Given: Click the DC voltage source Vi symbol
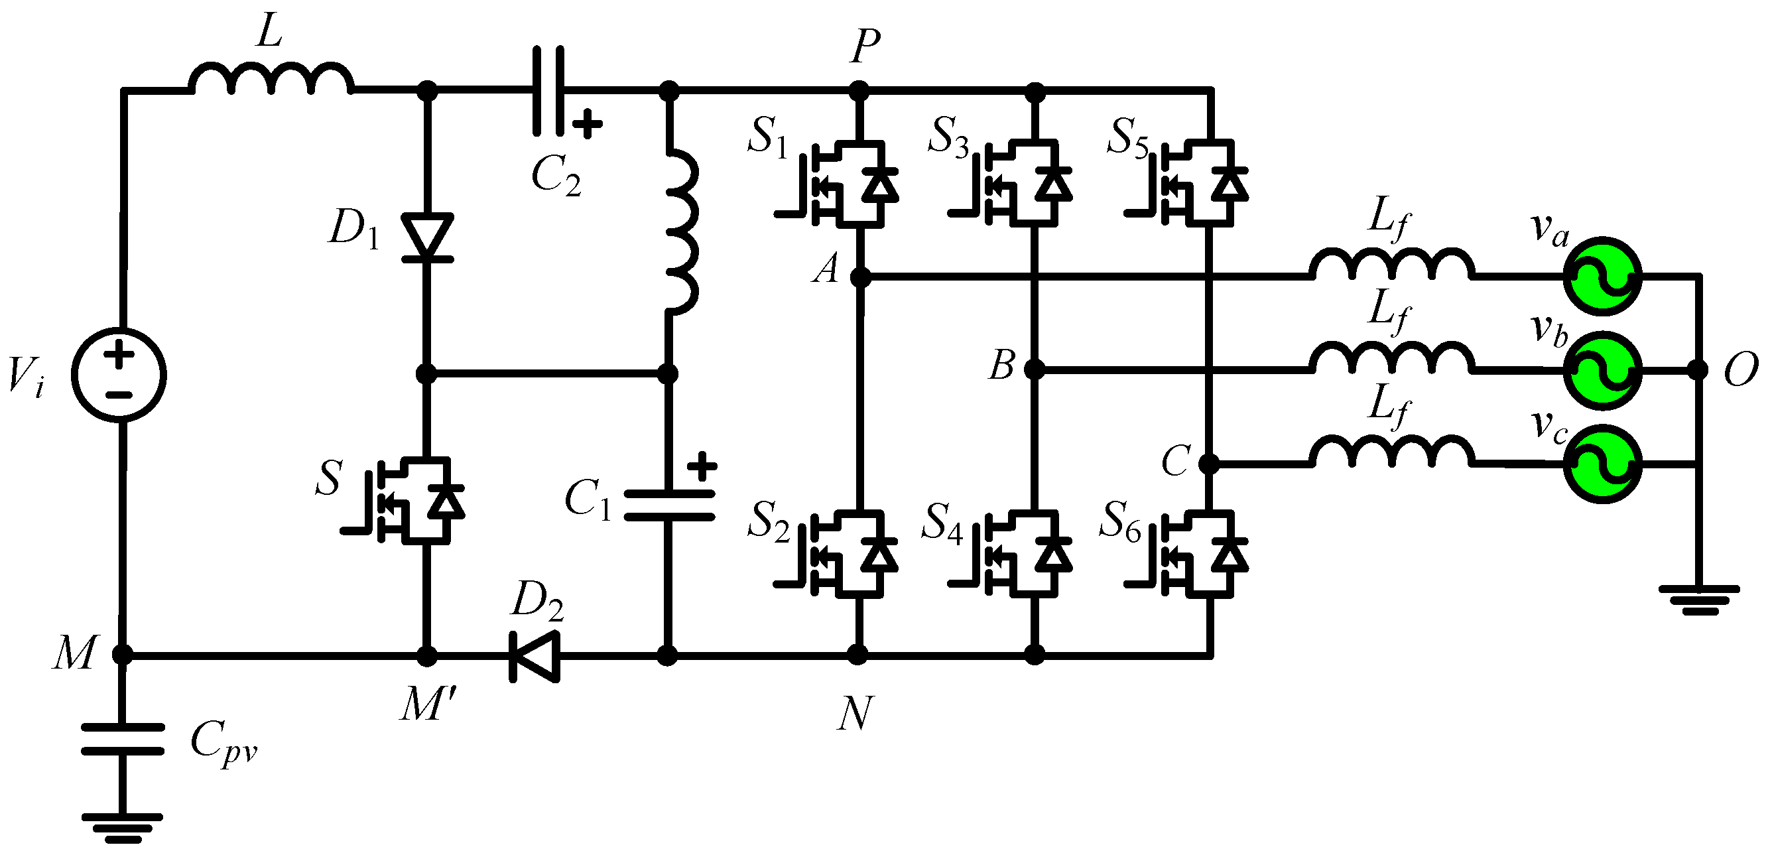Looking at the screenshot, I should (x=119, y=375).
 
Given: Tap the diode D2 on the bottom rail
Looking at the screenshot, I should (x=535, y=656).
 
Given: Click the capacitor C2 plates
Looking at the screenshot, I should (x=548, y=90).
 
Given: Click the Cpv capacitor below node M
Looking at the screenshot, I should (x=122, y=739).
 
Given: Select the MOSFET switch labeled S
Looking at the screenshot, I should (x=412, y=500).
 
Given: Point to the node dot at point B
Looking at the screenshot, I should (x=1034, y=369).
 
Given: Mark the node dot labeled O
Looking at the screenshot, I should (x=1697, y=369).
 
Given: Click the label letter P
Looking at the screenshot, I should (x=864, y=46).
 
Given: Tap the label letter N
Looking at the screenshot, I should (x=855, y=713).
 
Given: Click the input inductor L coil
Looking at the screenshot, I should (x=271, y=79).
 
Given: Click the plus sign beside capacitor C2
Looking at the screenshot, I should (x=587, y=125).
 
